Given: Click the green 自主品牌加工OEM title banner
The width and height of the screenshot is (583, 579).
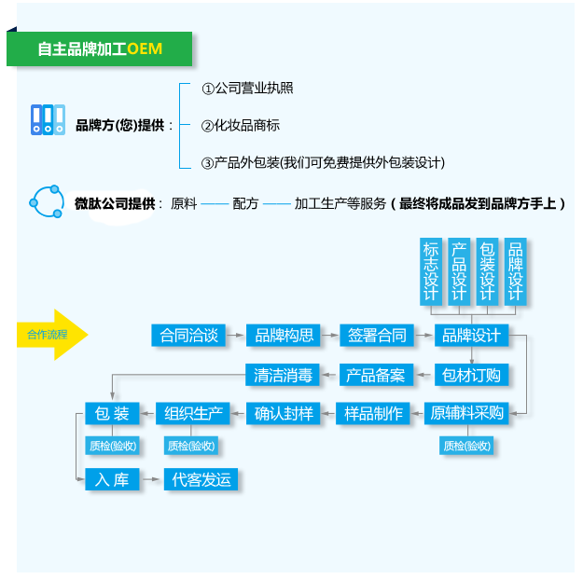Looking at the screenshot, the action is (x=99, y=48).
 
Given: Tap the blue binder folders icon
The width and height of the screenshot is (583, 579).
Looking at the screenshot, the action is (x=48, y=119).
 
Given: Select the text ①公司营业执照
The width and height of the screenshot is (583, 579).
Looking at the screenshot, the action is (x=247, y=89).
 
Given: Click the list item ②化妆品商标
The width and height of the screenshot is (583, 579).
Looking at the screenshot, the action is (x=240, y=126).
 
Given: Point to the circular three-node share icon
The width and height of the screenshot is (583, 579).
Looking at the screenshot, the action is (x=47, y=201).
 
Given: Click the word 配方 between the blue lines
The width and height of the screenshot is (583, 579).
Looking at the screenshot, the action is (x=245, y=203).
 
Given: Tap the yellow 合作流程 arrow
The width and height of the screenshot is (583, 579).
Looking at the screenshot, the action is (x=52, y=335).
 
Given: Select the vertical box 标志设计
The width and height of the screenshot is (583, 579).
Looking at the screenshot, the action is (x=431, y=271).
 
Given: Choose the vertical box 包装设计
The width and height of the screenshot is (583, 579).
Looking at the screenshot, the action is (x=487, y=271).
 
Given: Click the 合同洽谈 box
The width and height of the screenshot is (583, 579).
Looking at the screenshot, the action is (x=188, y=336).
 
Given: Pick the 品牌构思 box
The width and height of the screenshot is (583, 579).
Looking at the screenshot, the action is (x=284, y=336).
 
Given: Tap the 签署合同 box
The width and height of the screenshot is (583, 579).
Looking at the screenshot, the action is (x=377, y=336).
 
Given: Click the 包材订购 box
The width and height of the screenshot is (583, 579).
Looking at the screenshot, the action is (x=471, y=375).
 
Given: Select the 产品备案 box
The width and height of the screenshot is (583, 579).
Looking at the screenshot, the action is (x=376, y=375).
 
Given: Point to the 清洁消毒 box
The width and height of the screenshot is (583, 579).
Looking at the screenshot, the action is (x=283, y=375).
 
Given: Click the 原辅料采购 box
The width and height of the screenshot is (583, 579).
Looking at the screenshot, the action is (x=466, y=413).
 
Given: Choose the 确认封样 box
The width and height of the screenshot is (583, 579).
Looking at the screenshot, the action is (x=284, y=413).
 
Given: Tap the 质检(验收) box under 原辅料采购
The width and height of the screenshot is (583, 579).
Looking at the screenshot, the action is (x=466, y=446).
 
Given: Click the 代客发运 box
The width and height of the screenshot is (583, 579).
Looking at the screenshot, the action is (x=201, y=479).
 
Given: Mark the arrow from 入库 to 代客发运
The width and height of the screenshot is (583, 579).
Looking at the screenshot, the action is (x=151, y=479).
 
